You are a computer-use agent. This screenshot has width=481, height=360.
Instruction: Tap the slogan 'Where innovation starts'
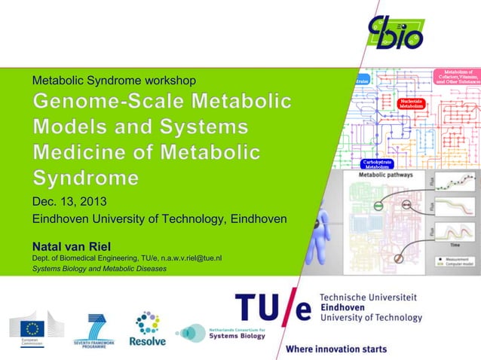pos(335,349)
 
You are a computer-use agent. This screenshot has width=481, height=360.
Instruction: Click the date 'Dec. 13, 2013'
pos(69,202)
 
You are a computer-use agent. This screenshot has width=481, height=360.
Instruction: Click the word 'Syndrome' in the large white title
pos(85,178)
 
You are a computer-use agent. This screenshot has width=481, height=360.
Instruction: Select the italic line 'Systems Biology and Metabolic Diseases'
pos(99,269)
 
